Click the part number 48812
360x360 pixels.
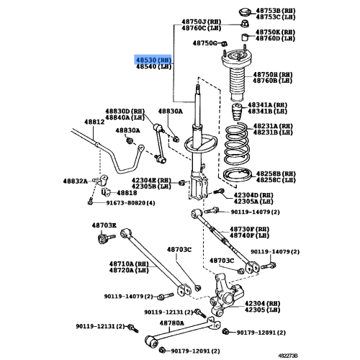click(x=94, y=122)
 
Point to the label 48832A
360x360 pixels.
click(x=75, y=181)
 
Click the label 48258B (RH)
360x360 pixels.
click(x=274, y=174)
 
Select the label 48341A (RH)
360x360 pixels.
click(x=271, y=105)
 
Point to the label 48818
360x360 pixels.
click(x=127, y=194)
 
